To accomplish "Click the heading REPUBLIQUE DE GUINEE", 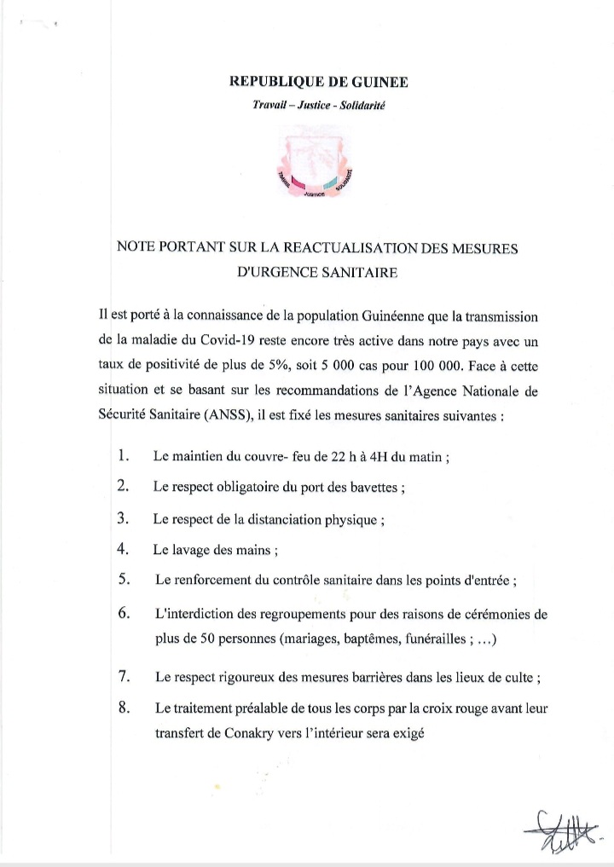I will coord(319,82).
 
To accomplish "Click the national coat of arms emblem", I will coord(318,162).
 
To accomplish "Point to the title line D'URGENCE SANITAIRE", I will coord(319,274).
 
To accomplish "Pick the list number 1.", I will coord(123,456).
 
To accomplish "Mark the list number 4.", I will coord(123,548).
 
